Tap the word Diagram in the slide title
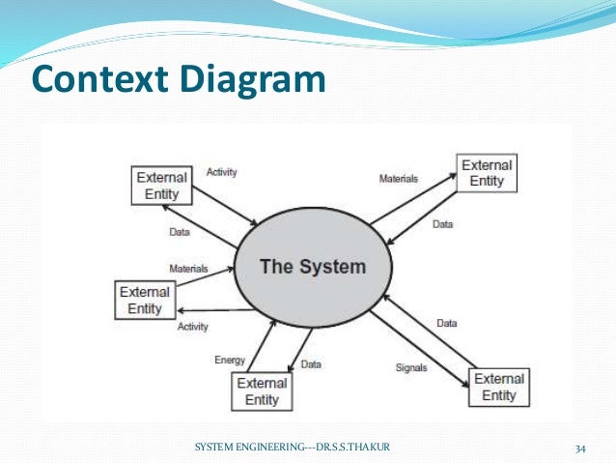[x=253, y=79]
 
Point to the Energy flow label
[x=230, y=361]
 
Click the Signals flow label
[x=411, y=368]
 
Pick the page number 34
[x=580, y=448]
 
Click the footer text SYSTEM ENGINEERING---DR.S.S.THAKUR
[x=299, y=448]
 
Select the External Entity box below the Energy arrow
[x=262, y=391]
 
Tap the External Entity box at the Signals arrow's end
[x=499, y=387]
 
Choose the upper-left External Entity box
[x=161, y=186]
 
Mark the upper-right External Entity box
[x=487, y=173]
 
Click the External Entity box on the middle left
[x=146, y=300]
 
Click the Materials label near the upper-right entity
[x=398, y=179]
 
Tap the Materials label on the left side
[x=188, y=268]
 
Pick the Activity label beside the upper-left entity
[x=222, y=172]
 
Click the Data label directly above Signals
[x=446, y=323]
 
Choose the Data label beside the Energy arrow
[x=311, y=364]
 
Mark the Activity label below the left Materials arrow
[x=193, y=327]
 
